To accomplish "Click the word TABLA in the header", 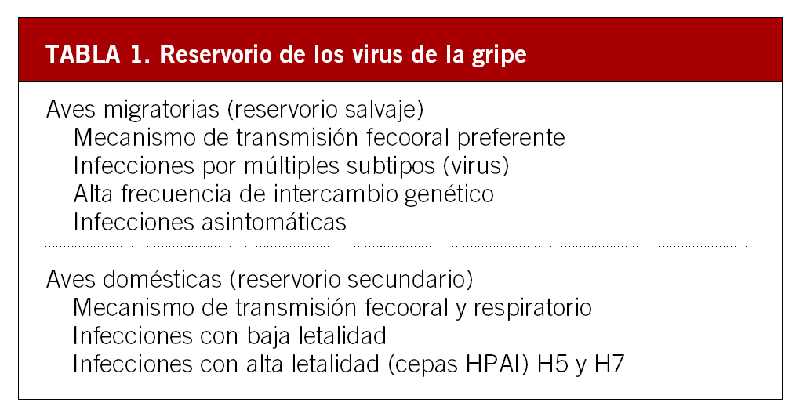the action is pos(83,54).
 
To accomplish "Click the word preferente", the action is pos(511,138).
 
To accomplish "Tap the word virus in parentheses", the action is pos(476,166).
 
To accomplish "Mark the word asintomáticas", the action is pos(274,222).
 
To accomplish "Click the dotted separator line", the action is pos(400,246).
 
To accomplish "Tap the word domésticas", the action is pos(162,279).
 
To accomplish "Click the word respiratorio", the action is pos(532,308).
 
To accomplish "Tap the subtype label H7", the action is pos(609,364).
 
